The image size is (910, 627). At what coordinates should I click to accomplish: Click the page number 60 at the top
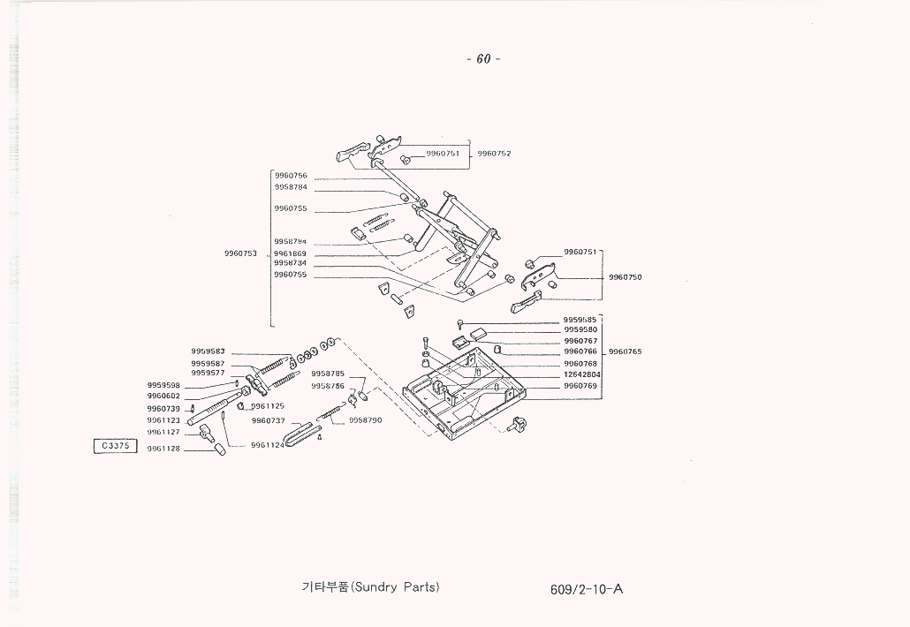[482, 59]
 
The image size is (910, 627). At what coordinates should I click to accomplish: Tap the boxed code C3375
[115, 446]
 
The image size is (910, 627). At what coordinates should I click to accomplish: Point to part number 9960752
[494, 154]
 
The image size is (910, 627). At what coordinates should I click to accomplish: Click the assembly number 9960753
[240, 253]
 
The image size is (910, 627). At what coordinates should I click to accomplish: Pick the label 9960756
[291, 176]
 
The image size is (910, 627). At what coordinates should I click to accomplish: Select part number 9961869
[291, 253]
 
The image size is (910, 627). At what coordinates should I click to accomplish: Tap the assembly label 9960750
[625, 277]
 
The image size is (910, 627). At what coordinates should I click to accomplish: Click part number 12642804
[581, 374]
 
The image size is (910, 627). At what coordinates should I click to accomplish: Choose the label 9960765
[625, 351]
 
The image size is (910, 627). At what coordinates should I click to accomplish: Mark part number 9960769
[580, 386]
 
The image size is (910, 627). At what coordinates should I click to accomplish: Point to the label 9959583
[208, 351]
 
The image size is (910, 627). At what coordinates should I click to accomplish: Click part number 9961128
[163, 449]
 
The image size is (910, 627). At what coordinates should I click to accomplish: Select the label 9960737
[268, 420]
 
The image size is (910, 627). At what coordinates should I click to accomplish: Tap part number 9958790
[365, 420]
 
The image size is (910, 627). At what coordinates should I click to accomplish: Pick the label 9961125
[268, 406]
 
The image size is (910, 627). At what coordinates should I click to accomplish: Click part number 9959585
[580, 319]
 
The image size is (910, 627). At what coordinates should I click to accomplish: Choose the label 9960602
[163, 396]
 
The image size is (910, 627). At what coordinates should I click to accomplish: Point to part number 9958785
[328, 374]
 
